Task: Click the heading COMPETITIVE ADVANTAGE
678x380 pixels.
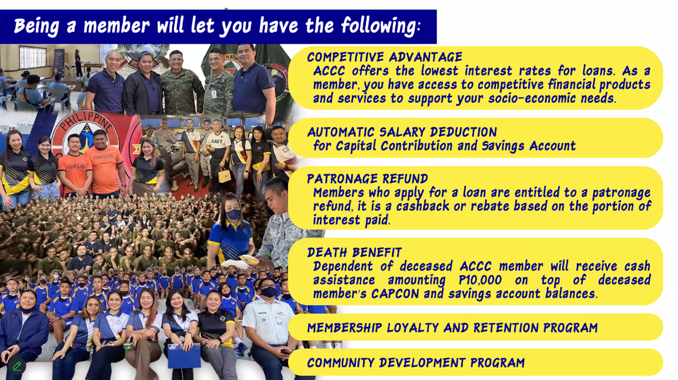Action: [385, 57]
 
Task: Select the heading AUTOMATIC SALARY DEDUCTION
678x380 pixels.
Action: [402, 132]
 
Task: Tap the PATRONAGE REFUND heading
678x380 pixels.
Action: [367, 179]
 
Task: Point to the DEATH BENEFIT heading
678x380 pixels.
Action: [355, 252]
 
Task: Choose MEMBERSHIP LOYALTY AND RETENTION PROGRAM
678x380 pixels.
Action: [453, 328]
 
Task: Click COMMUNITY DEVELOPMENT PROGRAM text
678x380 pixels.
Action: [416, 363]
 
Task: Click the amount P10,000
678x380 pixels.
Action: [480, 280]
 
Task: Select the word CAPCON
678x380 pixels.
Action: [395, 294]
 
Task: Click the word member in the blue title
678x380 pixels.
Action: [117, 26]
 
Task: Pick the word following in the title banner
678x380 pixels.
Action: [380, 26]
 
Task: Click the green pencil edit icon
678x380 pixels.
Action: [17, 365]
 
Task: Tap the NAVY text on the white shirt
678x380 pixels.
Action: [216, 141]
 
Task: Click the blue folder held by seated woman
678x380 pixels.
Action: [185, 355]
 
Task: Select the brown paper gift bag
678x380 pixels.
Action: [224, 175]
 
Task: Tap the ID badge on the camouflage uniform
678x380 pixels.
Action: [214, 94]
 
